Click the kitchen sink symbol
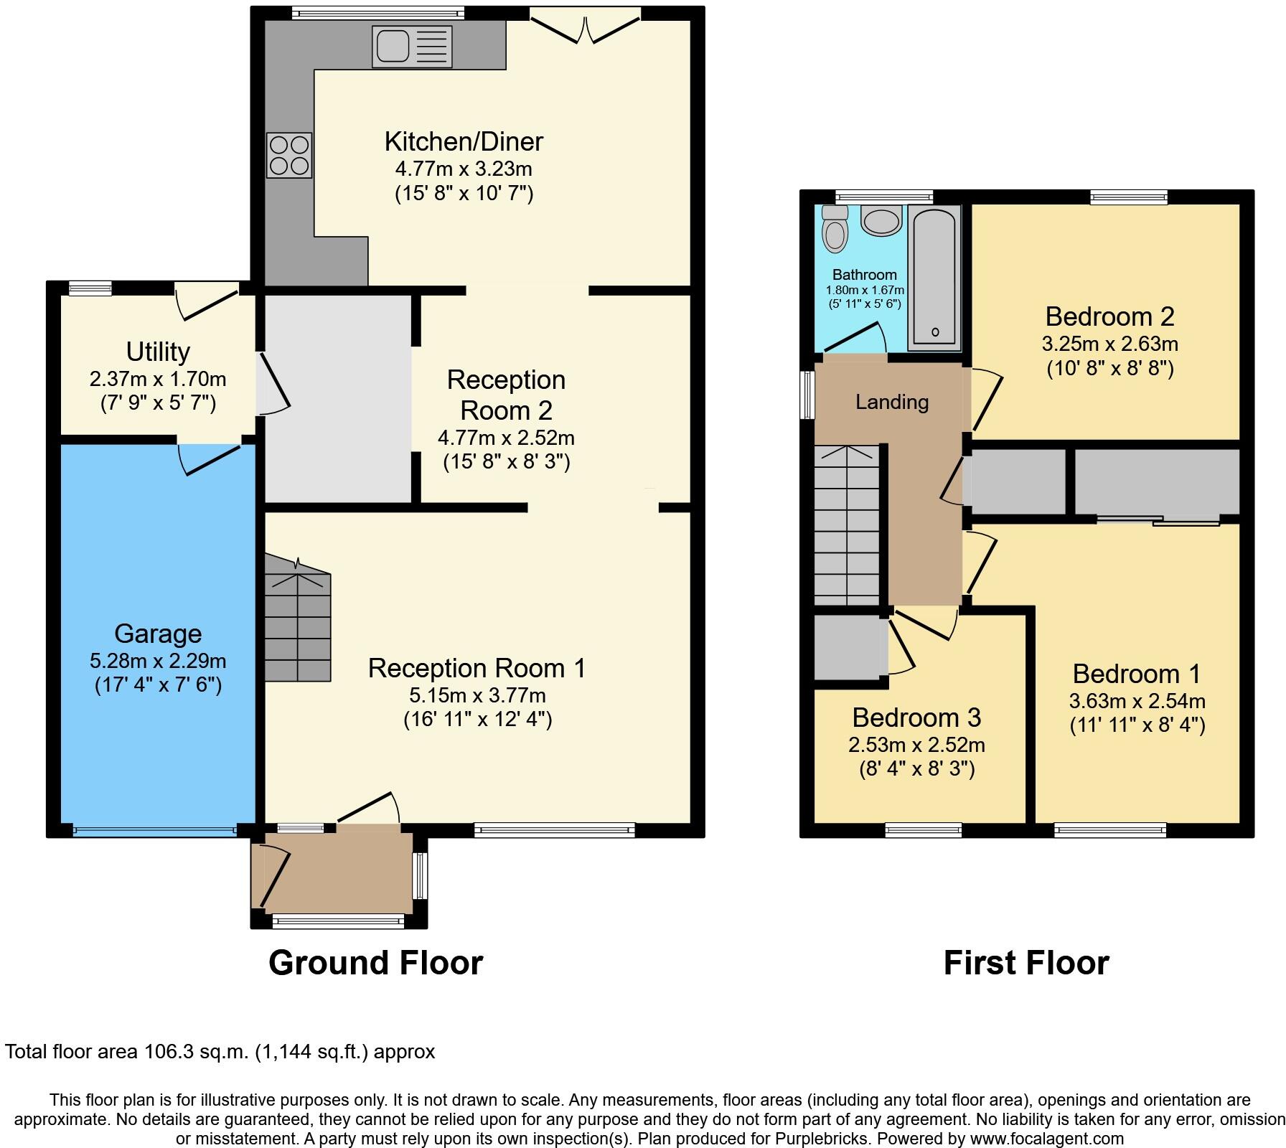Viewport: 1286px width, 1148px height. point(412,47)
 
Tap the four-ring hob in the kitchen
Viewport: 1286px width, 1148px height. point(289,155)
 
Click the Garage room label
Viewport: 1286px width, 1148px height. point(158,634)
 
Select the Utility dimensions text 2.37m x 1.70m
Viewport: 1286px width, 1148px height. point(158,379)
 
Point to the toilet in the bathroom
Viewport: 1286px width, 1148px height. point(835,229)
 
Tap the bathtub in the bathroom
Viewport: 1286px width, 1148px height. point(934,277)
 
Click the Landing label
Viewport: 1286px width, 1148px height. point(892,402)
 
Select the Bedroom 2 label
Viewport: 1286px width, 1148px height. point(1109,316)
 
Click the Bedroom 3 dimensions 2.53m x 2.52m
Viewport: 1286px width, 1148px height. point(916,745)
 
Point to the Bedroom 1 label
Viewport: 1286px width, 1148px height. point(1136,674)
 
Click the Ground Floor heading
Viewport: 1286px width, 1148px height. point(375,963)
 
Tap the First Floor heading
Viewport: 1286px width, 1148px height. point(1025,963)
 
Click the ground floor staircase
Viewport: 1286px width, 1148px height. point(298,624)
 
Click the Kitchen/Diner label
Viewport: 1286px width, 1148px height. point(464,141)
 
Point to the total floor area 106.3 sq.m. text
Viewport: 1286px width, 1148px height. point(220,1052)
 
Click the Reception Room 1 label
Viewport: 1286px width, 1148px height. point(477,668)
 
